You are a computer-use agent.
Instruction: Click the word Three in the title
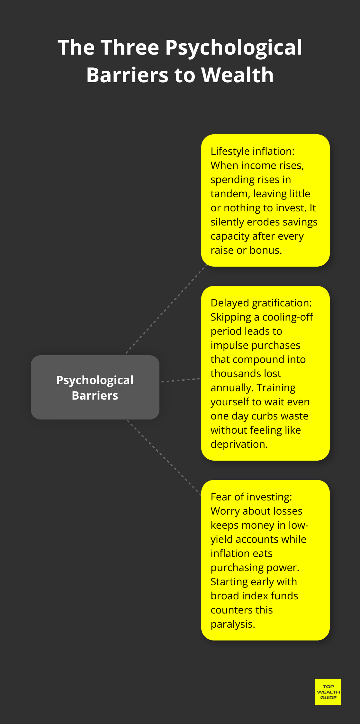point(130,48)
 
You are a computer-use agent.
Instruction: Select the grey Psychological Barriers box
point(95,387)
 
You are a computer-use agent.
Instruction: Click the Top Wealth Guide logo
point(328,692)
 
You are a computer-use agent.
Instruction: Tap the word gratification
point(282,303)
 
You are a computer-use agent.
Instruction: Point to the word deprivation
point(239,444)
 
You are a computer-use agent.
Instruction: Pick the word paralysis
point(232,624)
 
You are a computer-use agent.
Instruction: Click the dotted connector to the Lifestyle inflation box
point(165,310)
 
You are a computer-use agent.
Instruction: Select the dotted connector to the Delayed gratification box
point(181,380)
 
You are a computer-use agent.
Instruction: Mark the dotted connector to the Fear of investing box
point(164,457)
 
